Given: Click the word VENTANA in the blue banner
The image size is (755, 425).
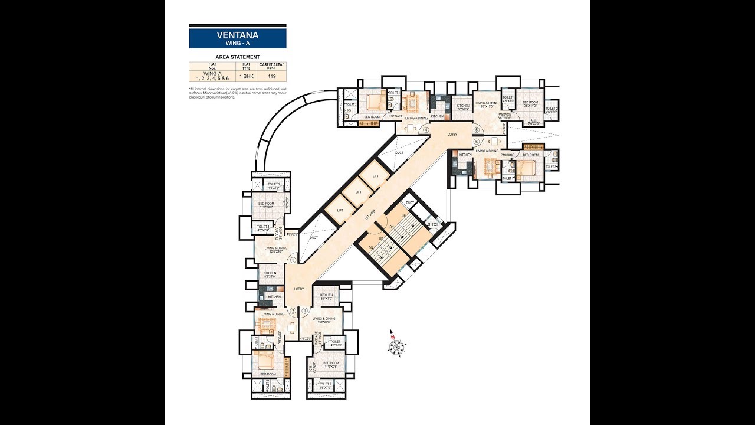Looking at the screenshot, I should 238,35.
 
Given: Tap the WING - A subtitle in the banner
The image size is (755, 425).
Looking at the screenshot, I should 238,44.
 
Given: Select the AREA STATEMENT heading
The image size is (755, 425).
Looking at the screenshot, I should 238,57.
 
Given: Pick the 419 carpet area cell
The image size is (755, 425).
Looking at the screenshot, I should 271,76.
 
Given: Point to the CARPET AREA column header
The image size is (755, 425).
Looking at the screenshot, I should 271,65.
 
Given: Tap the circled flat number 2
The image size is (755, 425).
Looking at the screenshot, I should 293,310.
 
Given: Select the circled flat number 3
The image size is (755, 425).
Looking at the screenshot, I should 293,260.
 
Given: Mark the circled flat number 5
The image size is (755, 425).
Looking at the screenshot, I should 476,130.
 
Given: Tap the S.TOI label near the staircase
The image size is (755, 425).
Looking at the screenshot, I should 433,224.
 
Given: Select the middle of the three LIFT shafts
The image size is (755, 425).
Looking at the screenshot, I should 357,192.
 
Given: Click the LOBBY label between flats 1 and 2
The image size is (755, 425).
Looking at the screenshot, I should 299,289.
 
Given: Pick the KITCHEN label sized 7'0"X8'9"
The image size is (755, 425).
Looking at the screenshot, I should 463,107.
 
